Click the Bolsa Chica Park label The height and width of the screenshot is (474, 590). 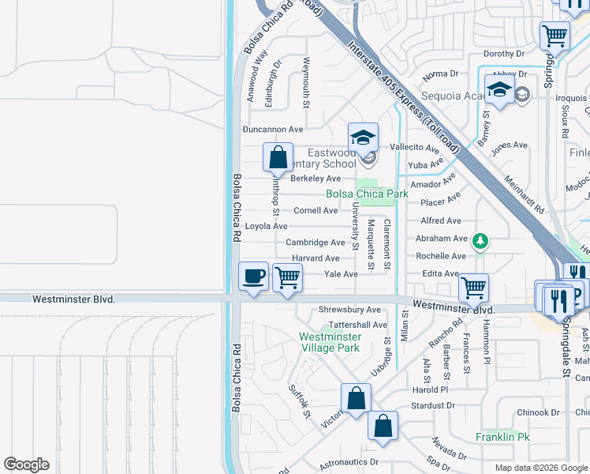(x=367, y=194)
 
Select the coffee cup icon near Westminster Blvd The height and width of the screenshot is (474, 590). (x=253, y=277)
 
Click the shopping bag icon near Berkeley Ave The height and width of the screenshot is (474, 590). (x=278, y=157)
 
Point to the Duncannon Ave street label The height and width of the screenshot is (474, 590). (x=272, y=129)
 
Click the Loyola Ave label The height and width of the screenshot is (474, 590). (x=266, y=226)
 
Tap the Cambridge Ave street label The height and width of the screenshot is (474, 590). (x=315, y=243)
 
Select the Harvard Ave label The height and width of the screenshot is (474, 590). (x=316, y=258)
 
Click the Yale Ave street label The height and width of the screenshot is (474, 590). (x=341, y=274)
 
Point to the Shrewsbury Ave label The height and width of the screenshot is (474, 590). (x=349, y=310)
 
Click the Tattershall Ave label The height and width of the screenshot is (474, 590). (x=358, y=325)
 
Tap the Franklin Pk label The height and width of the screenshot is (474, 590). (x=502, y=437)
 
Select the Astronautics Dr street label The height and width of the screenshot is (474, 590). (x=349, y=462)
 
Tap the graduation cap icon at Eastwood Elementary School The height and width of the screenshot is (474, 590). (x=363, y=137)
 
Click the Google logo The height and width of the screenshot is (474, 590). (x=26, y=465)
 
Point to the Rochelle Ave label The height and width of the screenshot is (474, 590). (x=441, y=257)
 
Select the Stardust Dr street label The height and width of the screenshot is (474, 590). (x=433, y=405)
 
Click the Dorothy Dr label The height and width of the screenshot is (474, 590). (x=504, y=55)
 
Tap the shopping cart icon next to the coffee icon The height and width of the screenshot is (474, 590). (x=287, y=277)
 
